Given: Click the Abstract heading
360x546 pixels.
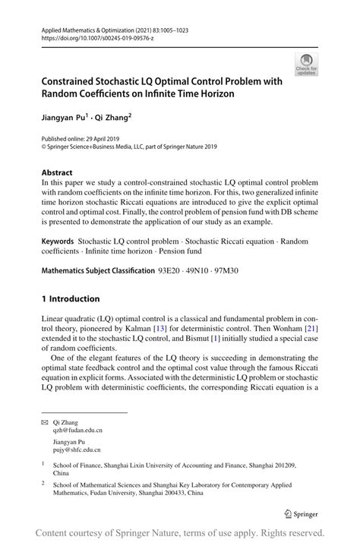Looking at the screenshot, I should [58, 172].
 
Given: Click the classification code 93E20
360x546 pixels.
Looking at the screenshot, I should [169, 271].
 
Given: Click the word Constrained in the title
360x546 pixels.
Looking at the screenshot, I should [74, 81].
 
